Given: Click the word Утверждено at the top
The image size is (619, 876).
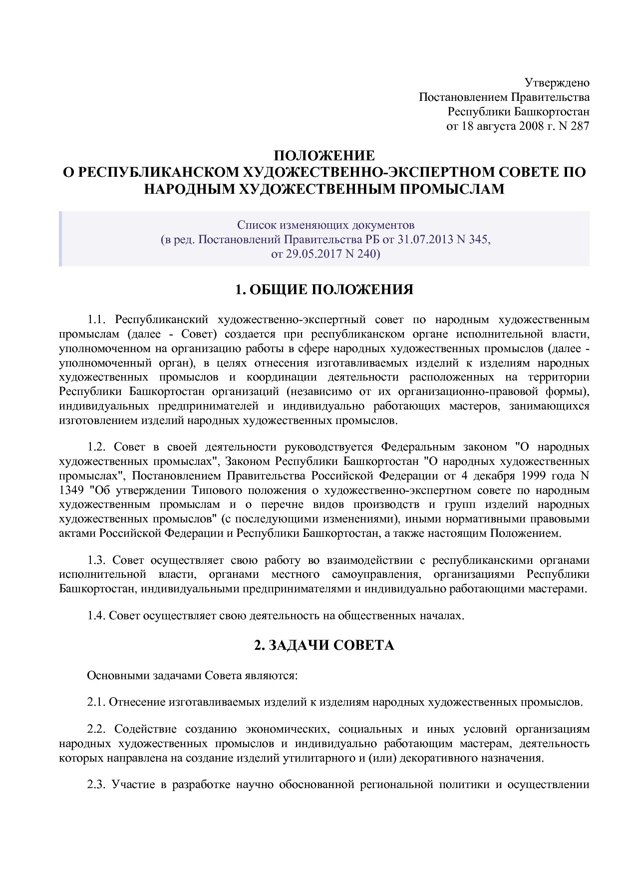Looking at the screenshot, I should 557,82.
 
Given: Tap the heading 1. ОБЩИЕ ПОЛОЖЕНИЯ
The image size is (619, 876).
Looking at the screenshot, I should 324,290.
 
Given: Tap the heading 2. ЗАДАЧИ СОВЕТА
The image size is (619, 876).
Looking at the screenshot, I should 324,645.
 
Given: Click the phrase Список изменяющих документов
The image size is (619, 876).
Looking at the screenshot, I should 325,225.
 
